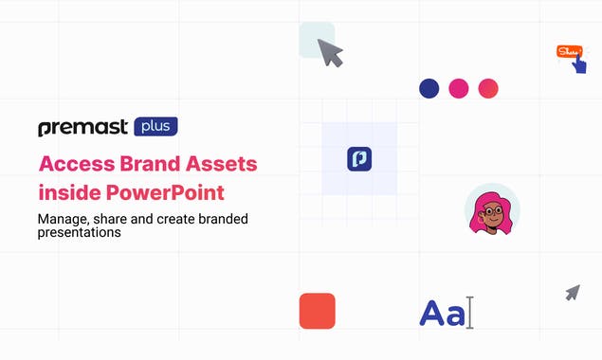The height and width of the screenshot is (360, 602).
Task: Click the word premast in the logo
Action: [82, 128]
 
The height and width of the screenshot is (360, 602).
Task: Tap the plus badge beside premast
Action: [155, 126]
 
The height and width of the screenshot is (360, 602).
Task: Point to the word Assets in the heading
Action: [220, 163]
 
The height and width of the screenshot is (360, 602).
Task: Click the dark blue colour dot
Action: [429, 88]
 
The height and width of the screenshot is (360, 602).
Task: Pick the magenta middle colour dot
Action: [459, 88]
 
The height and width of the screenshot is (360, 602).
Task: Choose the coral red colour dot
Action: [488, 88]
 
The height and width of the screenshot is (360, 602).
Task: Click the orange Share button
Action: [568, 51]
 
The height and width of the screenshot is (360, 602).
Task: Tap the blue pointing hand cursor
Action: [578, 63]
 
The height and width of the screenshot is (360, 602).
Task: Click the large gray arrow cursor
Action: [329, 52]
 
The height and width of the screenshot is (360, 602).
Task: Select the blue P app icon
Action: [359, 158]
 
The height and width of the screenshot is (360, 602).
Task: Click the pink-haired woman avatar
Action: [491, 209]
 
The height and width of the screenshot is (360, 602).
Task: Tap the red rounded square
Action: [317, 311]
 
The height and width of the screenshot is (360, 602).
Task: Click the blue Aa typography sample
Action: [442, 314]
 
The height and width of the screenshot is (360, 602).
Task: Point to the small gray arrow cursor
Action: [572, 293]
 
